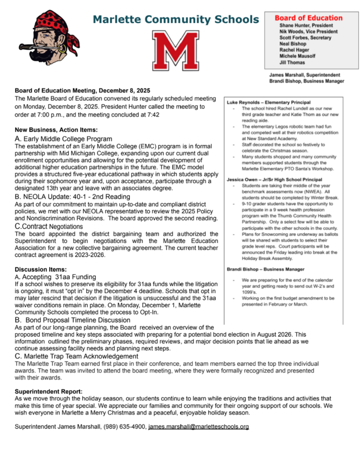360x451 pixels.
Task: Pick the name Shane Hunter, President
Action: (x=306, y=25)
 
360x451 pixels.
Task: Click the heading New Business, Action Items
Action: (x=56, y=130)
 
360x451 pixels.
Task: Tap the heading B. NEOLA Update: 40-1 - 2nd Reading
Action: (x=81, y=197)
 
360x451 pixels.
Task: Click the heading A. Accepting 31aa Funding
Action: (x=55, y=277)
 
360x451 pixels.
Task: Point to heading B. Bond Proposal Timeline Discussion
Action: (x=73, y=320)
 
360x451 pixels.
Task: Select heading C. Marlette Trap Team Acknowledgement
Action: (x=76, y=356)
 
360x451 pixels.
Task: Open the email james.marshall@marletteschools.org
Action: (x=198, y=427)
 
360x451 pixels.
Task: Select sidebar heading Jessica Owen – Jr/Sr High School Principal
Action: (x=274, y=178)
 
